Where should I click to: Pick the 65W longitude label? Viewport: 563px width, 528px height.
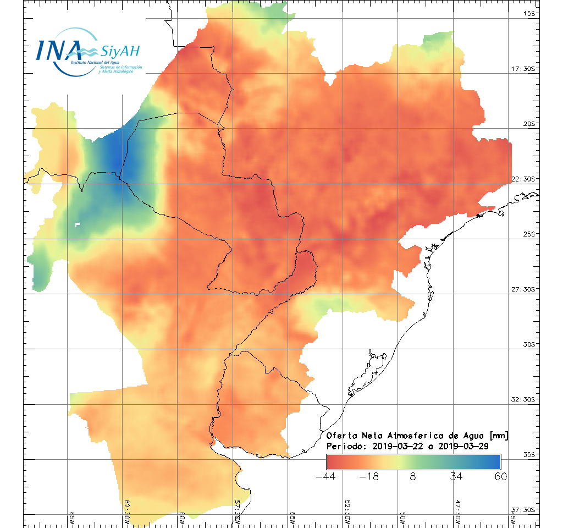click(x=72, y=517)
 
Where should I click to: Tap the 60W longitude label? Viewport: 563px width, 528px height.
click(x=182, y=517)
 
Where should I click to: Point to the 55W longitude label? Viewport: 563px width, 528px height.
click(x=292, y=517)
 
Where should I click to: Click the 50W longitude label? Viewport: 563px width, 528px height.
click(x=402, y=517)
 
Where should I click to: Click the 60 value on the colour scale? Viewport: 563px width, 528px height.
click(x=500, y=476)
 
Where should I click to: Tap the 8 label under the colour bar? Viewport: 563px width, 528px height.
click(x=413, y=476)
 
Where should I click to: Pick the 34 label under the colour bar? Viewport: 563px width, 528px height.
click(x=456, y=476)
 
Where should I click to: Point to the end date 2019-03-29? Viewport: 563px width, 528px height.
click(x=463, y=446)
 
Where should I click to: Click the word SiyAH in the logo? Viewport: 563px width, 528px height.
click(x=120, y=52)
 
